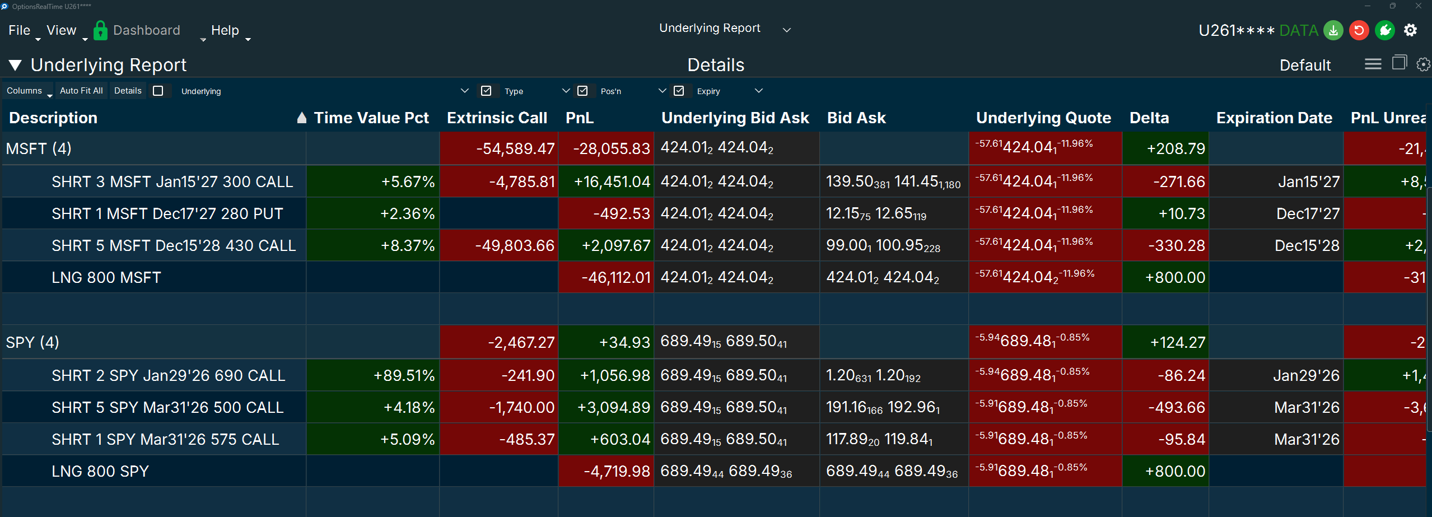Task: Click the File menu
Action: tap(19, 30)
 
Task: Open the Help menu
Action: tap(225, 30)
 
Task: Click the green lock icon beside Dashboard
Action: tap(100, 30)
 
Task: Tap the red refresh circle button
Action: tap(1359, 30)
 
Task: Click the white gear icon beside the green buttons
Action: tap(1410, 30)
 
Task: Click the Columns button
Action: tap(25, 91)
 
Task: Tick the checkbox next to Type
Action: tap(486, 91)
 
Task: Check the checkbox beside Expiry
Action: tap(679, 91)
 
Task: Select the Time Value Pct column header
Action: tap(371, 118)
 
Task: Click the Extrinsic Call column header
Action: tap(497, 118)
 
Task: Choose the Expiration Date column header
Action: tap(1274, 118)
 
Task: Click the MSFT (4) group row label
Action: tap(39, 148)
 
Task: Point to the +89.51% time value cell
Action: tap(404, 375)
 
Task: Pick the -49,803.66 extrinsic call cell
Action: tap(514, 245)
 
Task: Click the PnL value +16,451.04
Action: tap(612, 181)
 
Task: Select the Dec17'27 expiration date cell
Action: tap(1308, 213)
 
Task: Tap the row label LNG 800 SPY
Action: tap(100, 471)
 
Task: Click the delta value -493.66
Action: tap(1176, 407)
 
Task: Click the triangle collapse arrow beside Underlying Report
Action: tap(15, 65)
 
